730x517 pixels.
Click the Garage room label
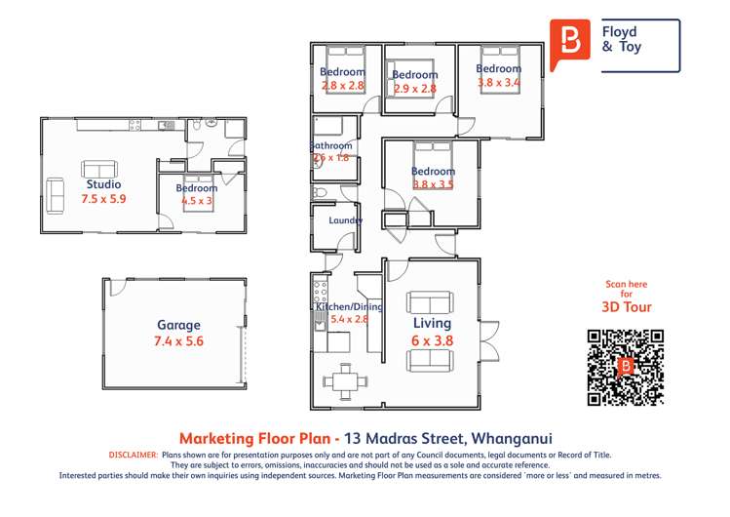pyautogui.click(x=178, y=325)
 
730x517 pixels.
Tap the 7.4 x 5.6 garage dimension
pyautogui.click(x=178, y=341)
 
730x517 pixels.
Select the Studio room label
pyautogui.click(x=103, y=183)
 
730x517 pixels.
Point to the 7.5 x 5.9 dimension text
pyautogui.click(x=103, y=198)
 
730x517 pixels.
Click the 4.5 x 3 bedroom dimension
pyautogui.click(x=196, y=201)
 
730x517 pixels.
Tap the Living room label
pyautogui.click(x=432, y=323)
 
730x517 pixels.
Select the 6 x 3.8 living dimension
pyautogui.click(x=432, y=340)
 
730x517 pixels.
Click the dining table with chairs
pyautogui.click(x=344, y=378)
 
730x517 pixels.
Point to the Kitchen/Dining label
pyautogui.click(x=349, y=306)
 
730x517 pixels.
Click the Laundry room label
pyautogui.click(x=346, y=220)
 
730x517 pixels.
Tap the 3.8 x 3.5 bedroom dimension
pyautogui.click(x=433, y=184)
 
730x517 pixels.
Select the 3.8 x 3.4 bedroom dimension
pyautogui.click(x=498, y=83)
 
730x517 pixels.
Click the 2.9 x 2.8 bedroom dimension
pyautogui.click(x=414, y=89)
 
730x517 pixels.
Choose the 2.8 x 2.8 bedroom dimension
pyautogui.click(x=343, y=86)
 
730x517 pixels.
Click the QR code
pyautogui.click(x=625, y=367)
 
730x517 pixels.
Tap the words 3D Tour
pyautogui.click(x=626, y=306)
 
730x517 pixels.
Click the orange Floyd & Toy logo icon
pyautogui.click(x=570, y=43)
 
